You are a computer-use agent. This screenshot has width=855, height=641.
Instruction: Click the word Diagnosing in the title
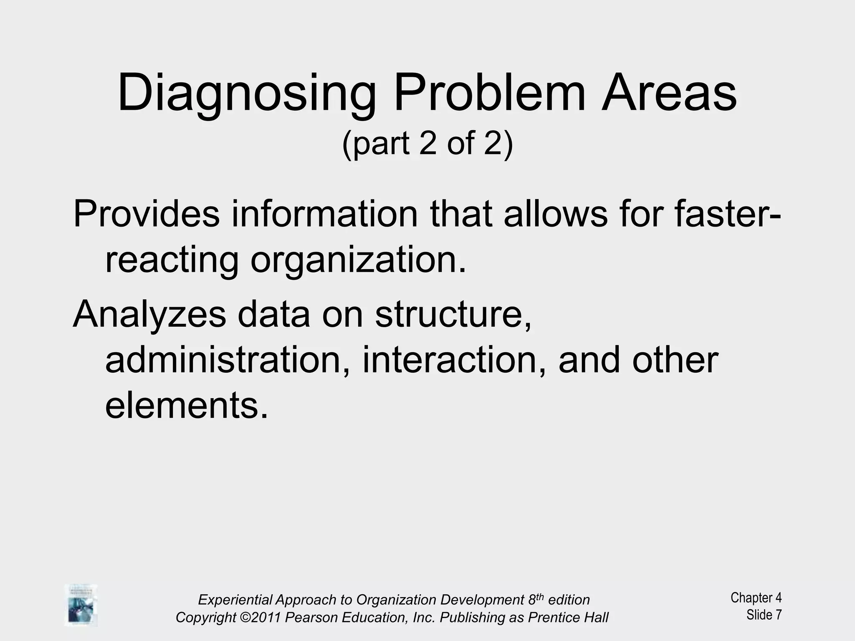point(246,94)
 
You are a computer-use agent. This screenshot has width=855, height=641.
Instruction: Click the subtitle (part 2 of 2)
point(427,143)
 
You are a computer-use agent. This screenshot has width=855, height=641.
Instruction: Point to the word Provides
point(146,214)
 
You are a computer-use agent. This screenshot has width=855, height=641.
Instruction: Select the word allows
point(555,214)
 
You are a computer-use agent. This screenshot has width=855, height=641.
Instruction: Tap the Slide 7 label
point(764,615)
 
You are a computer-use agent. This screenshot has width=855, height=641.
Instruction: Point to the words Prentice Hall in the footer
point(568,617)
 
